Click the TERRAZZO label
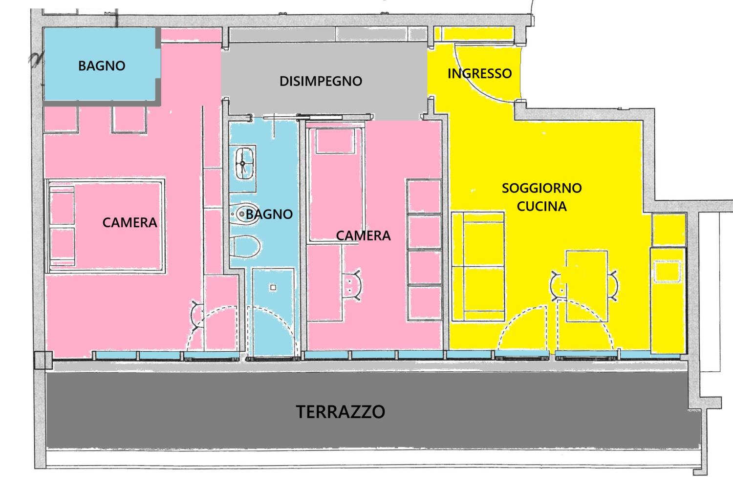[340, 412]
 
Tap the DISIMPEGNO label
[321, 81]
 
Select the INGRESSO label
[479, 74]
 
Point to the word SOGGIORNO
[541, 188]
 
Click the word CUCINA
[541, 206]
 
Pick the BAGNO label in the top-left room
[102, 66]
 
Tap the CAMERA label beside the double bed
[129, 222]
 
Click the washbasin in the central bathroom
[244, 163]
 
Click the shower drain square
[273, 288]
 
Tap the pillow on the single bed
[335, 141]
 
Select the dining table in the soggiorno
[587, 286]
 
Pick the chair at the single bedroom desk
[353, 285]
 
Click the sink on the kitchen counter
[667, 271]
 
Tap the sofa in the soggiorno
[478, 267]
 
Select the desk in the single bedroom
[324, 283]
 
